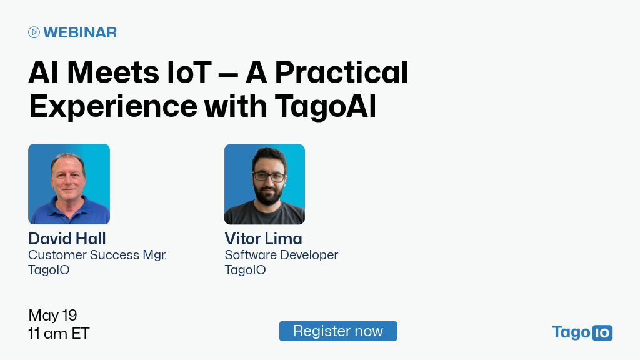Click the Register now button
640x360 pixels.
[337, 331]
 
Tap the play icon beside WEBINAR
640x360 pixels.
[34, 32]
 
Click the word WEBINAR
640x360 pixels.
[80, 32]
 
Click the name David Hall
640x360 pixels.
[67, 239]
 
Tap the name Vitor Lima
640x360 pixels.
[263, 239]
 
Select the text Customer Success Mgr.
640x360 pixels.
[97, 255]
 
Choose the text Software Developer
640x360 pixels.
[281, 255]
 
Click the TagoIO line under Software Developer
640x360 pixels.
[245, 270]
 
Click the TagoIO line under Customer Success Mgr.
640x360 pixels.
[49, 270]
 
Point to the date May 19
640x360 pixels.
[52, 315]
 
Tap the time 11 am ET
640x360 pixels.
[59, 334]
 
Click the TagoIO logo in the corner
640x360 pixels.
[582, 332]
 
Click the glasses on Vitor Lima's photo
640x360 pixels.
[268, 177]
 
